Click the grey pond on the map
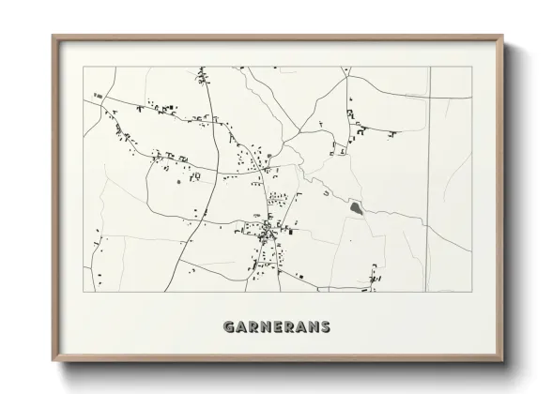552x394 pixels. coord(357,207)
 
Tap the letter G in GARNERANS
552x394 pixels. coord(229,327)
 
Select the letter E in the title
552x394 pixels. coord(278,327)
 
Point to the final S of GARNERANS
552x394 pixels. coord(325,327)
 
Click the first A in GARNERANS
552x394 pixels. coord(241,327)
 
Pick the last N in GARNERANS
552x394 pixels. coord(313,327)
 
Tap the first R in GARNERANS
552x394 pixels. coord(253,327)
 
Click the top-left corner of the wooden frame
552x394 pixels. coord(53,37)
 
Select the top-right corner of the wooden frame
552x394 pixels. coord(504,37)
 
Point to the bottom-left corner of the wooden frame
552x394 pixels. coord(53,361)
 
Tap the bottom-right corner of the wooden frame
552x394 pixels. coord(504,361)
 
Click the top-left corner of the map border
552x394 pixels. coord(84,67)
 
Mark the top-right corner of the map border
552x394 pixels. coord(471,67)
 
